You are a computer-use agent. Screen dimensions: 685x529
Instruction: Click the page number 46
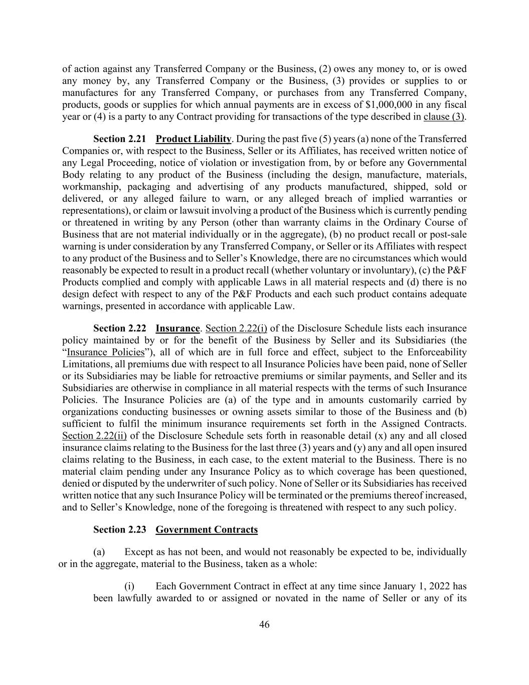(x=264, y=624)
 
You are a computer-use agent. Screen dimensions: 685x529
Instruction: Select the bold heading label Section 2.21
(x=119, y=139)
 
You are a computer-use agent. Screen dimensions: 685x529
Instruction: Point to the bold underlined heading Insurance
(x=178, y=328)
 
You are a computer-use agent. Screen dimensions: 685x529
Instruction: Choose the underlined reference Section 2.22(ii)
(x=94, y=436)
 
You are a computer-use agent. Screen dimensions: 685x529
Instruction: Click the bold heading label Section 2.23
(x=119, y=529)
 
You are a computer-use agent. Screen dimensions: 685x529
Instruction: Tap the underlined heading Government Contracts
(x=207, y=529)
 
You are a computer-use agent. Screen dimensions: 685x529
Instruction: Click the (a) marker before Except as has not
(x=99, y=552)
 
